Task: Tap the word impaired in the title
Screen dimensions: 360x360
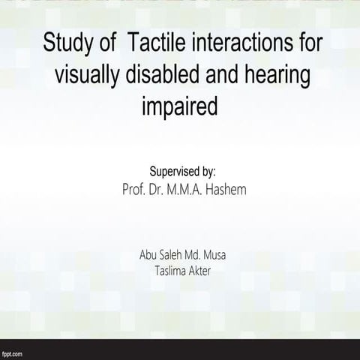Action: point(180,107)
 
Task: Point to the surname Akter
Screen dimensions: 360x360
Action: point(199,271)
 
